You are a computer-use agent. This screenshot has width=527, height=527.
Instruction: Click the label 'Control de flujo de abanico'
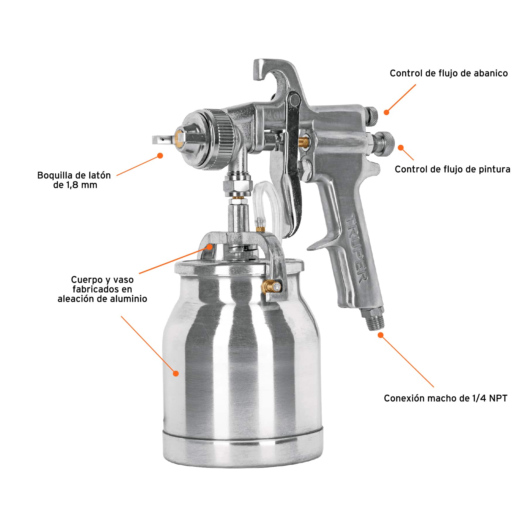pos(449,73)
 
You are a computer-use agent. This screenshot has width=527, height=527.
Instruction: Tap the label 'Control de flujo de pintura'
pos(452,169)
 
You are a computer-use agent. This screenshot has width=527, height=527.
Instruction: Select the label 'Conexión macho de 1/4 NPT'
pos(445,398)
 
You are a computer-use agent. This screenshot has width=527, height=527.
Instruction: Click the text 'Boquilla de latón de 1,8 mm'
pos(74,180)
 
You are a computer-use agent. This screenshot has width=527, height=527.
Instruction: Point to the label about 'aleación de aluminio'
pos(102,289)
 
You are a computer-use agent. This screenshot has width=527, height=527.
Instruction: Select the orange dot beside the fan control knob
pos(386,112)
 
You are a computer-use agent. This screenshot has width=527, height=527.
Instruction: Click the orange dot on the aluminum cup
pos(176,373)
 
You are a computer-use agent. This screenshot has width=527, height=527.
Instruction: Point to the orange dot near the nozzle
pos(160,155)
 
